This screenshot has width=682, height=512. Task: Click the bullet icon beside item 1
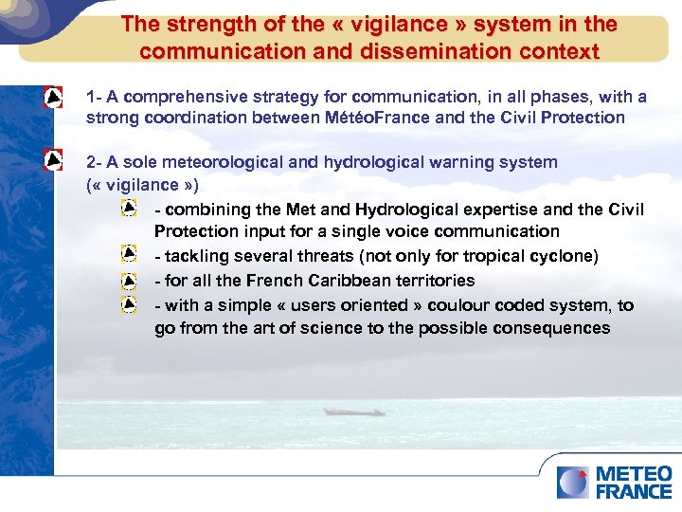[x=54, y=98]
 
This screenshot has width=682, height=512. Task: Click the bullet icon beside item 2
[x=54, y=160]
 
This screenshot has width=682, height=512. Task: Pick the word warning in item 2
[x=441, y=162]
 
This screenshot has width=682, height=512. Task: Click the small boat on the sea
[x=352, y=411]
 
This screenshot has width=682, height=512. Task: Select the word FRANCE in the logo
[x=634, y=491]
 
